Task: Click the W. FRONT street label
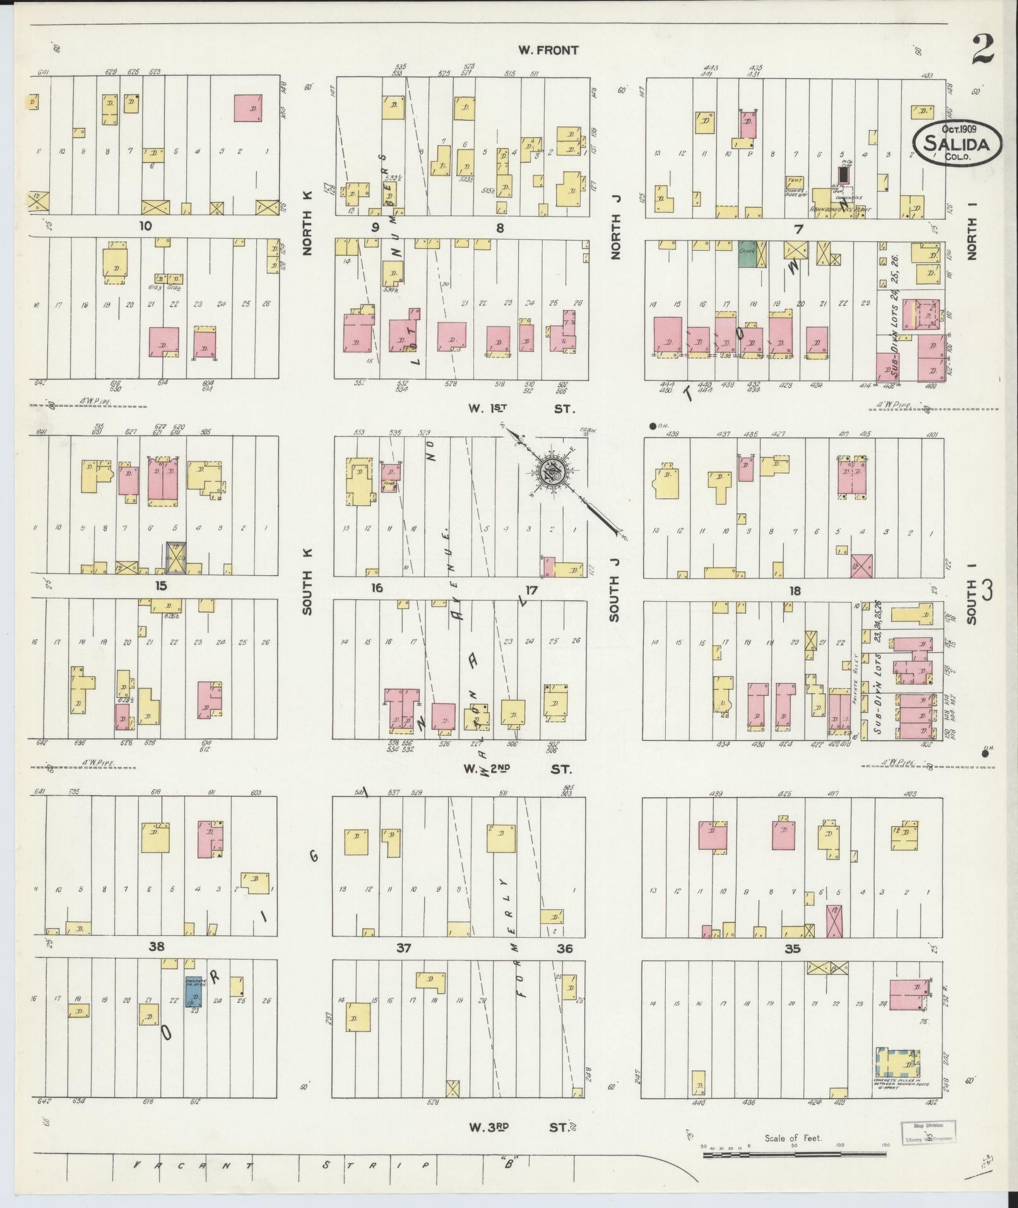(x=548, y=50)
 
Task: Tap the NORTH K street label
(x=308, y=232)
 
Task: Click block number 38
(x=157, y=946)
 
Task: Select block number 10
(x=146, y=226)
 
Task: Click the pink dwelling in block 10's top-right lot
(x=249, y=108)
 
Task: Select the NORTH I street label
(x=971, y=238)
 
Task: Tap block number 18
(x=794, y=590)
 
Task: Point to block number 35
(x=792, y=948)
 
